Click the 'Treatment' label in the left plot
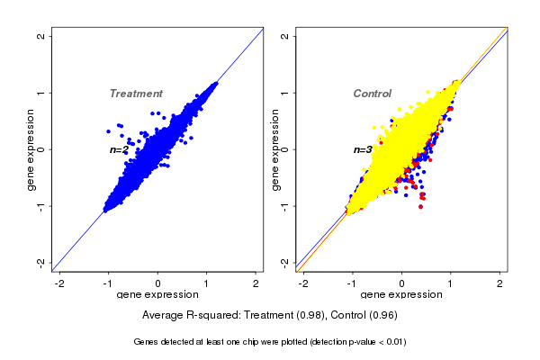coord(136,94)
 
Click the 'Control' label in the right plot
coord(372,94)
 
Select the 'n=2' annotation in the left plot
coord(120,150)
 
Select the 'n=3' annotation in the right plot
coord(363,150)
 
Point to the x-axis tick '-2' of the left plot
coord(60,283)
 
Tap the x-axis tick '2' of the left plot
coord(256,283)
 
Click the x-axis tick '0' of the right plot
coord(401,283)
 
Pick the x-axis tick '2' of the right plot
coord(500,283)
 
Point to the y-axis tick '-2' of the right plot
coord(284,262)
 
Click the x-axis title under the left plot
coord(157,295)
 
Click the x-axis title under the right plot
coord(401,295)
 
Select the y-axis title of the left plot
coord(31,149)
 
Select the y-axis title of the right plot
coord(274,149)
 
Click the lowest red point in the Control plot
coord(421,206)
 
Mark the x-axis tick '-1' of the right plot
coord(352,283)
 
